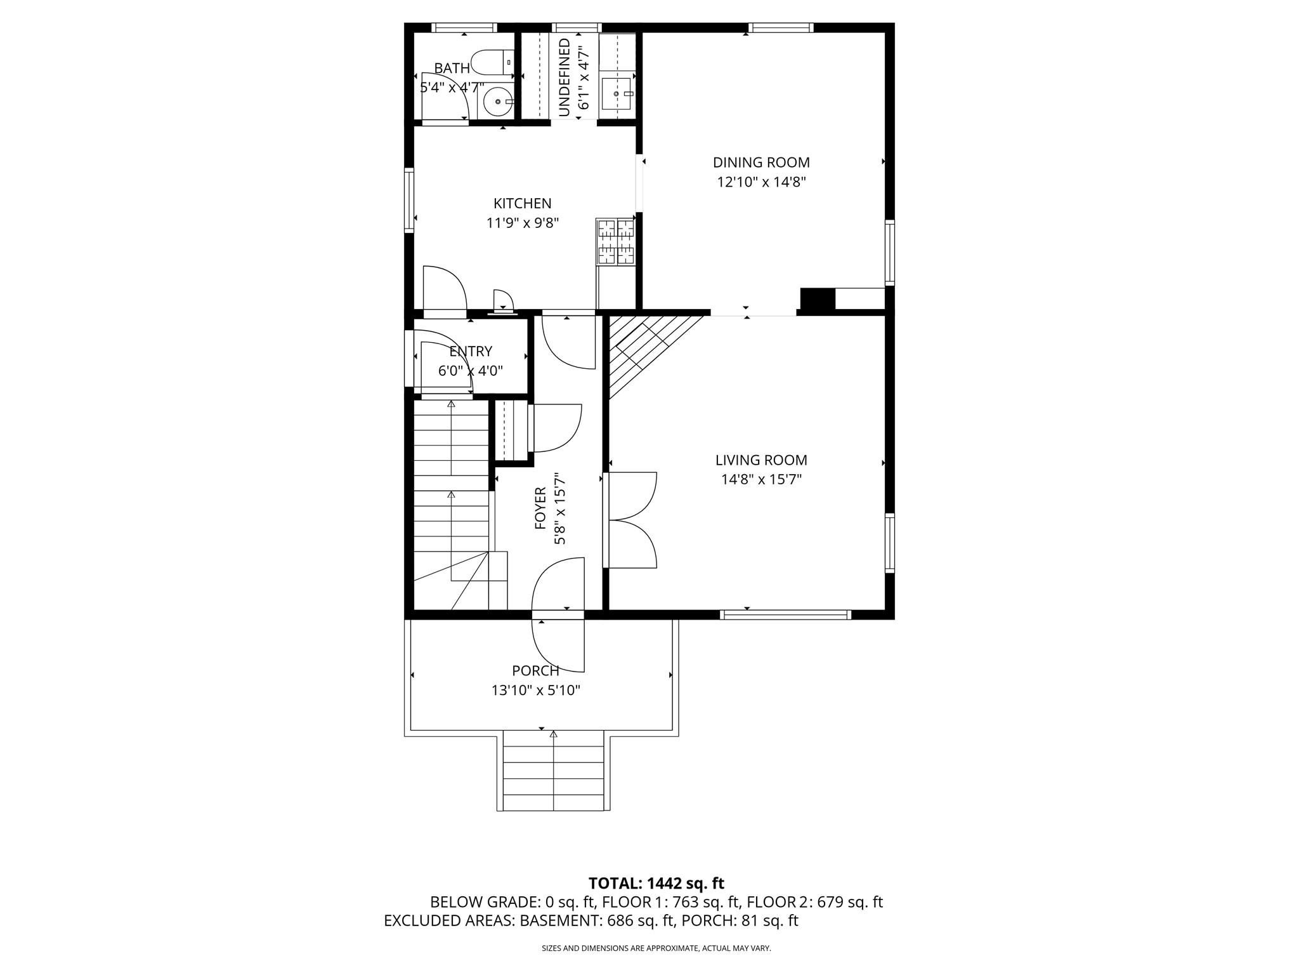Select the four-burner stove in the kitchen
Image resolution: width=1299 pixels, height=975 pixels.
[x=615, y=241]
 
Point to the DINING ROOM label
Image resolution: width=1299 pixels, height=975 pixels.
[x=761, y=162]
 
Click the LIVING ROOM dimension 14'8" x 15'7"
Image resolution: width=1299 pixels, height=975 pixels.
[x=761, y=480]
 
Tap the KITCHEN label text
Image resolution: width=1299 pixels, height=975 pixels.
[x=523, y=204]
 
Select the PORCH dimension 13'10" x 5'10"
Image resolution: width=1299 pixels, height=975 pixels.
[x=536, y=691]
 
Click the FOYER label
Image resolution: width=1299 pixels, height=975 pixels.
[x=540, y=508]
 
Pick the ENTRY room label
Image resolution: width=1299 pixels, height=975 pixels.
[x=471, y=352]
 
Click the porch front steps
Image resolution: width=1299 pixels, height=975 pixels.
[x=553, y=771]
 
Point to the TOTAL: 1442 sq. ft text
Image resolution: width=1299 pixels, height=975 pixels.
[x=656, y=883]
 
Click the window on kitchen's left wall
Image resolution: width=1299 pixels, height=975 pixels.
[x=409, y=199]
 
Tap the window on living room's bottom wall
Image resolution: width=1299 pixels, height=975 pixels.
[x=785, y=614]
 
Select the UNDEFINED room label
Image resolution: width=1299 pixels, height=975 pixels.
[x=565, y=77]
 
